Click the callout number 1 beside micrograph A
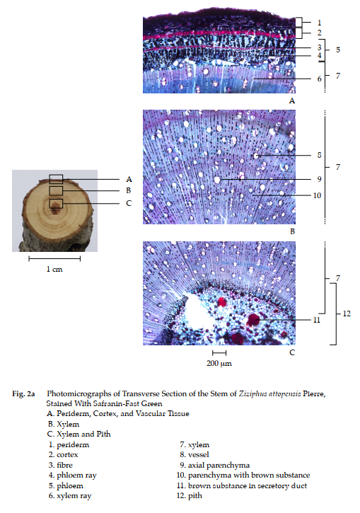click(319, 23)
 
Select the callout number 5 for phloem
click(338, 50)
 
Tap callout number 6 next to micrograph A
click(319, 79)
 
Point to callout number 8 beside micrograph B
click(319, 155)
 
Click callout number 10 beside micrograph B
click(317, 195)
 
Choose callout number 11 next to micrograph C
click(317, 320)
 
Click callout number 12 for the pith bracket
click(347, 313)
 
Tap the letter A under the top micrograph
click(292, 100)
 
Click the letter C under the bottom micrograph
click(292, 352)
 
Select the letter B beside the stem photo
click(129, 190)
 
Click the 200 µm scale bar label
click(219, 364)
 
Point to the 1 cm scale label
click(54, 270)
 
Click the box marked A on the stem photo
click(56, 179)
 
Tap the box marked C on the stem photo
click(56, 204)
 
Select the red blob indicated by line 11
click(252, 320)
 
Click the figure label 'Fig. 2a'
click(23, 393)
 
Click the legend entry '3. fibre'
click(61, 465)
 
